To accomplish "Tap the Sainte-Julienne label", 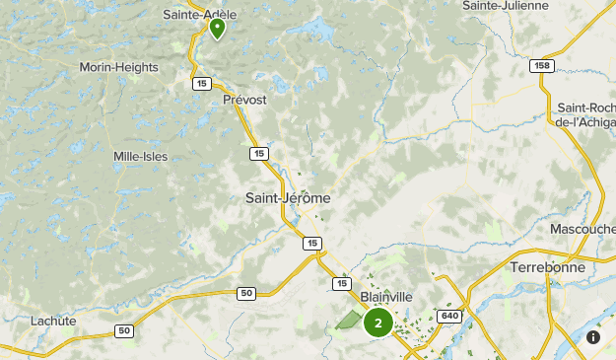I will pyautogui.click(x=505, y=6).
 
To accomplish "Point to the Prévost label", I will pyautogui.click(x=245, y=100).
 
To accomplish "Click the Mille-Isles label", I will pyautogui.click(x=140, y=156).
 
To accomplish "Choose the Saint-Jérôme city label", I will pyautogui.click(x=288, y=198).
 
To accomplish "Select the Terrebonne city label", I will pyautogui.click(x=548, y=267).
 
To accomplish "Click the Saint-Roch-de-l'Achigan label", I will pyautogui.click(x=585, y=114).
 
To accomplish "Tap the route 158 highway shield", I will pyautogui.click(x=540, y=65).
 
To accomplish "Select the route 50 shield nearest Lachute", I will pyautogui.click(x=123, y=330).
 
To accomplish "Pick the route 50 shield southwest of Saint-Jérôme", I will pyautogui.click(x=246, y=293).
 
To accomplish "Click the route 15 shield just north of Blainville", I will pyautogui.click(x=342, y=283).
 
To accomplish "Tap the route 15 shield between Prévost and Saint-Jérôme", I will pyautogui.click(x=258, y=153).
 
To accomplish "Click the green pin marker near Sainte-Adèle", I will pyautogui.click(x=217, y=28).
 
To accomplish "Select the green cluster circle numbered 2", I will pyautogui.click(x=377, y=323).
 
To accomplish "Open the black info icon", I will pyautogui.click(x=593, y=337).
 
